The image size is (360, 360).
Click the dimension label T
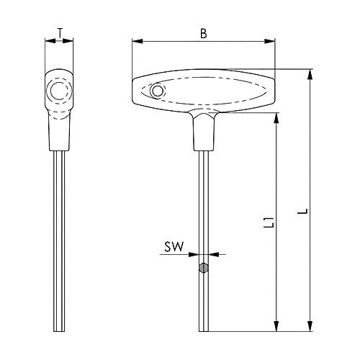pyautogui.click(x=60, y=33)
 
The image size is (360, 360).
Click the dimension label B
pyautogui.click(x=204, y=34)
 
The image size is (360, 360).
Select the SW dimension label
pyautogui.click(x=174, y=247)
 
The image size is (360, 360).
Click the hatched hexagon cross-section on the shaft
pyautogui.click(x=204, y=268)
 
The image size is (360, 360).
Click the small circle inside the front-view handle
pyautogui.click(x=157, y=91)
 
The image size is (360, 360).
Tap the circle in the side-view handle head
pyautogui.click(x=58, y=91)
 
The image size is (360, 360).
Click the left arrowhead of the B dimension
pyautogui.click(x=138, y=42)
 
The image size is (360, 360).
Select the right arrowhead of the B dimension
pyautogui.click(x=269, y=42)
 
